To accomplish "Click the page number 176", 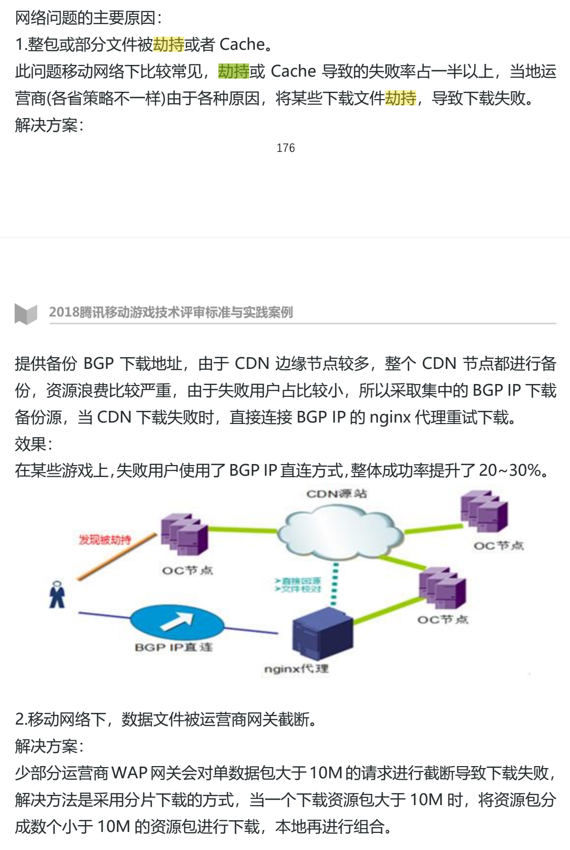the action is click(x=285, y=148).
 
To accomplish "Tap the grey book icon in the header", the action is click(x=26, y=314).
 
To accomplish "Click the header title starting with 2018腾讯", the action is click(x=171, y=312).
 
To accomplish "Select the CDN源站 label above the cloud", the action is click(x=337, y=494).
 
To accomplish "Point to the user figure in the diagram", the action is click(x=57, y=594).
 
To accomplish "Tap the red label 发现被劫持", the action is click(x=105, y=540).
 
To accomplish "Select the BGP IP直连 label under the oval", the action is click(x=174, y=647).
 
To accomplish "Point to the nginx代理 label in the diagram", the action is click(x=296, y=668).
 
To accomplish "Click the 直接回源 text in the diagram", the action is click(x=298, y=581).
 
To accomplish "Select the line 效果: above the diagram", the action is click(x=34, y=444).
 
